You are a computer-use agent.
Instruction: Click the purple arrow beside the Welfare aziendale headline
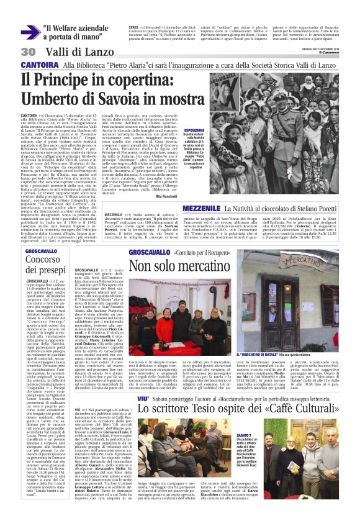coord(29,32)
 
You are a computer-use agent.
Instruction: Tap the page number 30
coord(28,52)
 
